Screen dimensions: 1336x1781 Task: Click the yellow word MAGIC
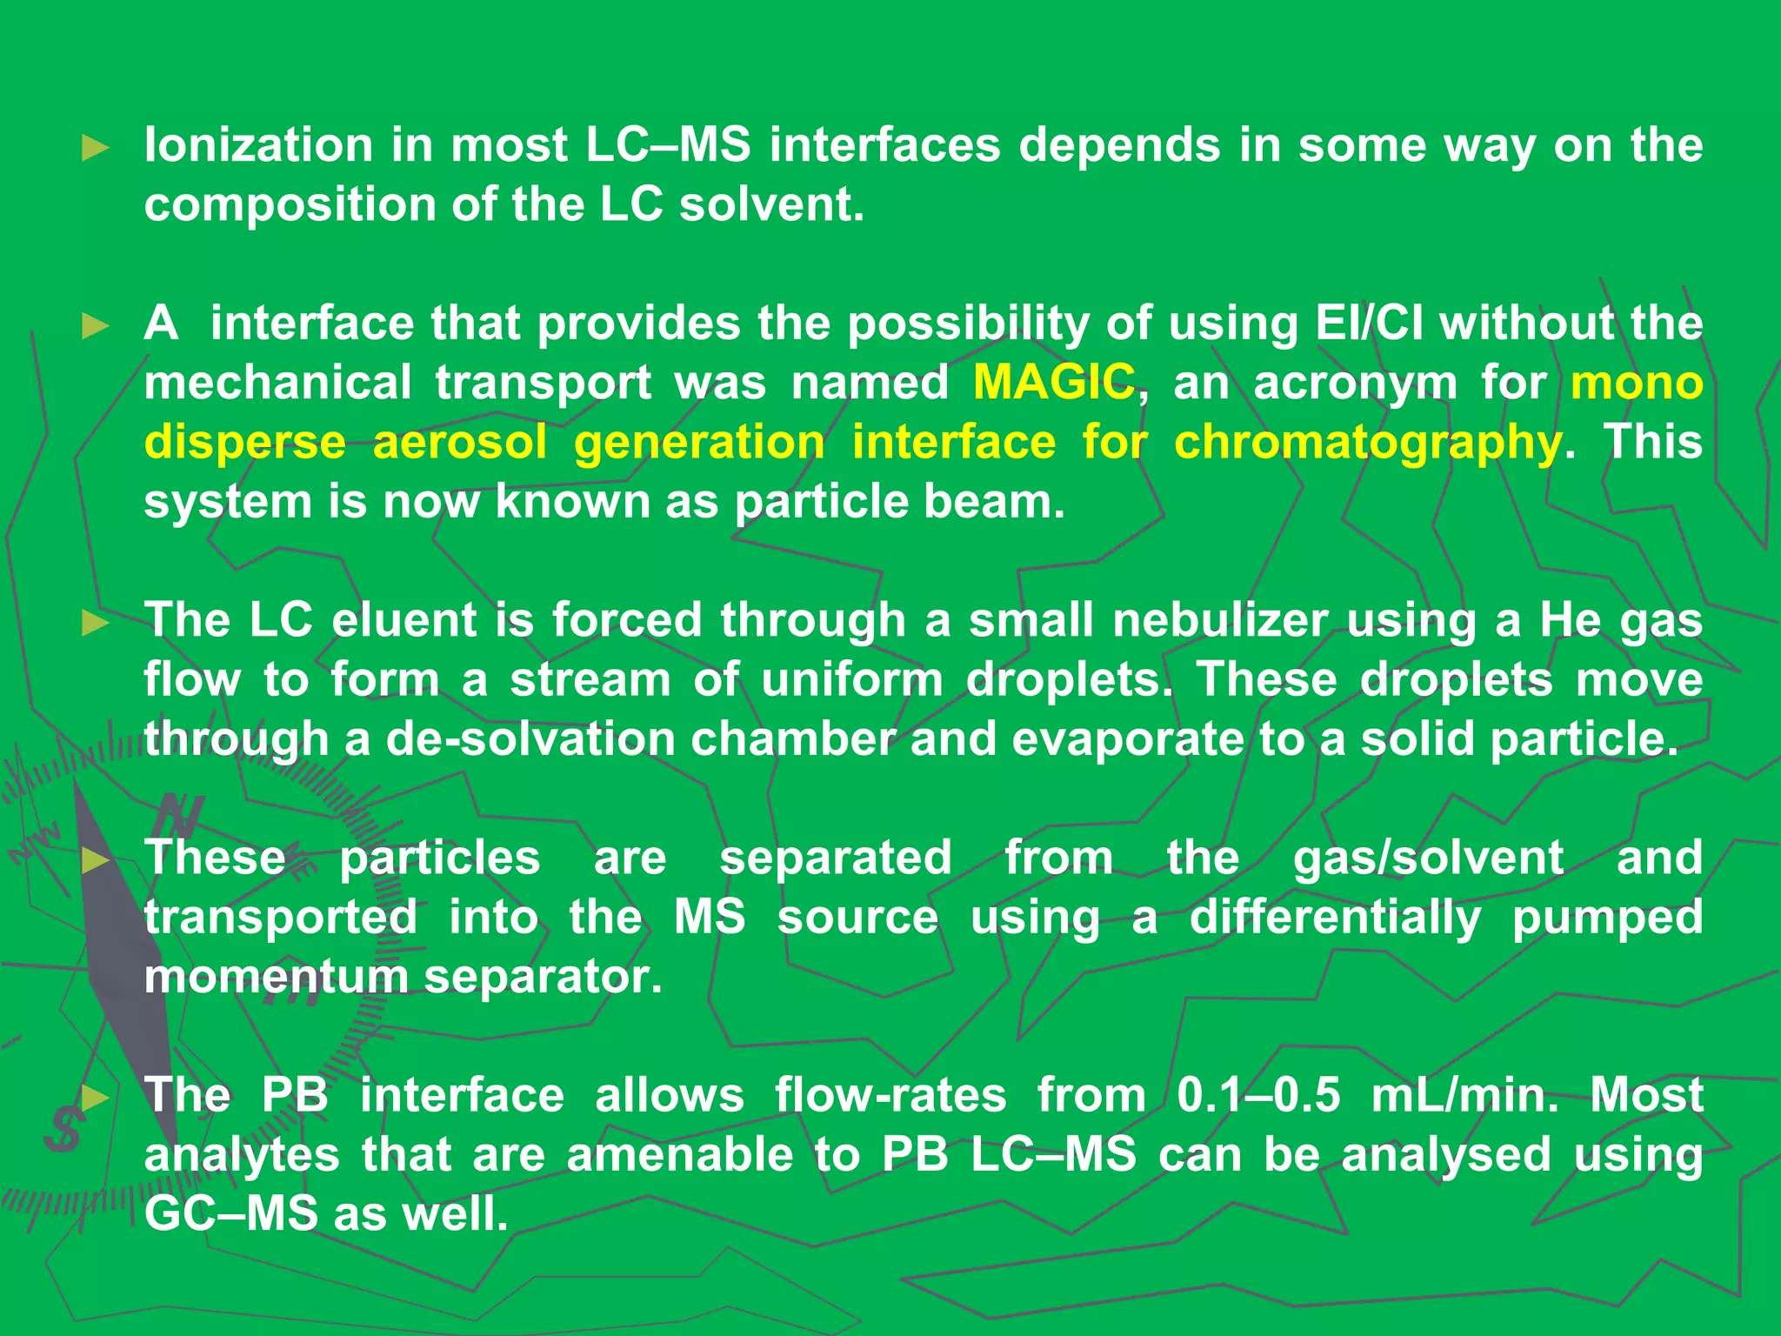1053,383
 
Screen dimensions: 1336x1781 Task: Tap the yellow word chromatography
1367,444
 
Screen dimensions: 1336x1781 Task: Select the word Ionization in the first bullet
258,144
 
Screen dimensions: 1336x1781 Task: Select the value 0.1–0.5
1258,1096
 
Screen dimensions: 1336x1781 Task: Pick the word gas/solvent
1428,858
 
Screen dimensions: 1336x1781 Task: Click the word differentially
1335,918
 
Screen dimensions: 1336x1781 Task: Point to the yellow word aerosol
460,443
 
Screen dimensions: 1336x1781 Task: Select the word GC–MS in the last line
230,1214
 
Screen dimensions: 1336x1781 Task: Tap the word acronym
1355,384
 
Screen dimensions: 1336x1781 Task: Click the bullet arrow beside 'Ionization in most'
95,148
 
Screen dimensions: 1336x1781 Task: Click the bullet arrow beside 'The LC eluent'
95,623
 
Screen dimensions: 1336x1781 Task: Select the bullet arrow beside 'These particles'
95,861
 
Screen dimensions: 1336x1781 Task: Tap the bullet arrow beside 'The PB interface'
95,1099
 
